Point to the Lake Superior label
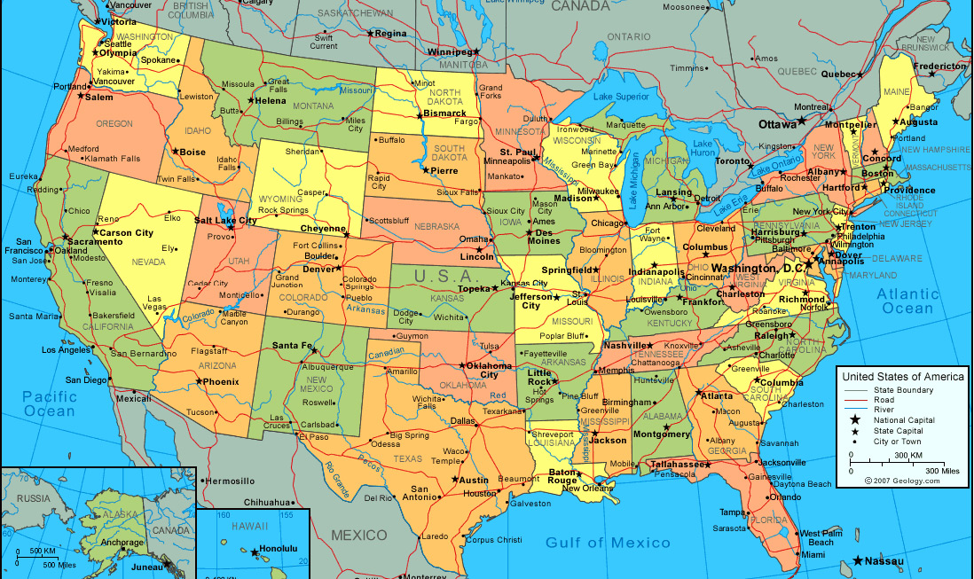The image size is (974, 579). pos(621,97)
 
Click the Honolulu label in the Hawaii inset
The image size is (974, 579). pos(279,549)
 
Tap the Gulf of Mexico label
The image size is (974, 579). pos(608,543)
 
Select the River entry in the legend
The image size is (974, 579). pos(884,410)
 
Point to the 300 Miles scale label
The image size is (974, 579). pos(942,471)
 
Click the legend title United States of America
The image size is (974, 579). pos(902,377)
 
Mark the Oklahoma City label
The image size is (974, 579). pos(489,370)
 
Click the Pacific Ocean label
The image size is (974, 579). pos(50,404)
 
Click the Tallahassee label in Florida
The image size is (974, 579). pos(676,464)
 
